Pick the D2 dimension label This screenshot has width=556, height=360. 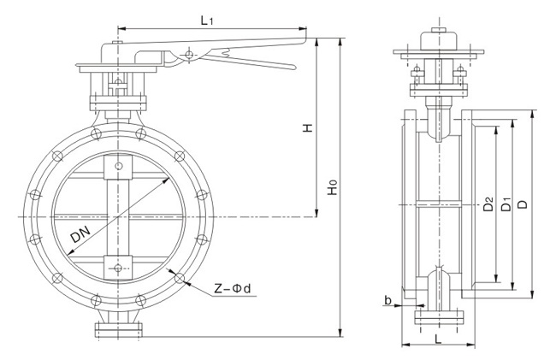click(487, 205)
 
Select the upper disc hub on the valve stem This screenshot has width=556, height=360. click(117, 168)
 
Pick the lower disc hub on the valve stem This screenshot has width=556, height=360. click(117, 266)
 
